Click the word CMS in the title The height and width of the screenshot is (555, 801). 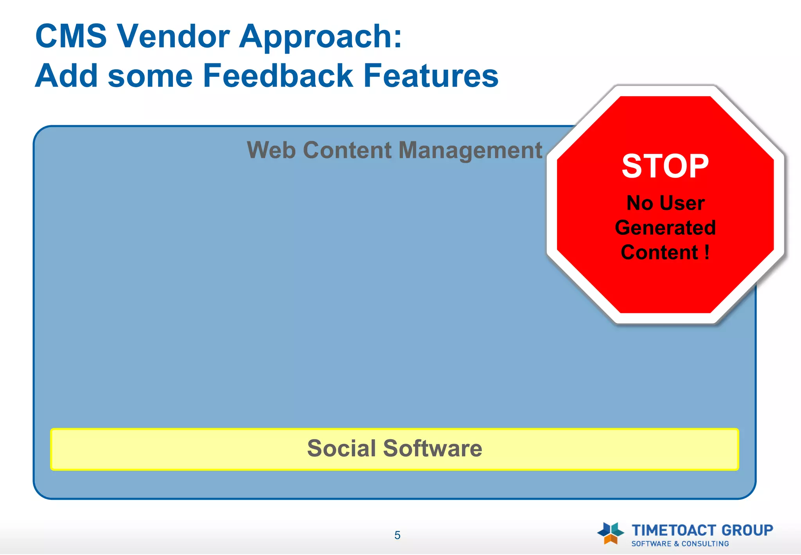(x=71, y=36)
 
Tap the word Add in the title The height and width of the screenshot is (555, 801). (x=66, y=76)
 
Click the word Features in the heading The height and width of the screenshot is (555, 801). (x=431, y=76)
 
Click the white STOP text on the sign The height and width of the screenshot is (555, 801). (x=665, y=166)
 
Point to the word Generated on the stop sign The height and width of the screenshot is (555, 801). (x=665, y=228)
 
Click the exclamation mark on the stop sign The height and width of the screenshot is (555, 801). (x=707, y=252)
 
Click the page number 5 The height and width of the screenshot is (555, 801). (x=397, y=535)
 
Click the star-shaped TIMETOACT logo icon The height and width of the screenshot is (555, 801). (x=610, y=533)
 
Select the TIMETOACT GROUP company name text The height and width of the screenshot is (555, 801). (x=702, y=530)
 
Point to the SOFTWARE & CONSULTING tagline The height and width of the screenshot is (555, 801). (x=680, y=544)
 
